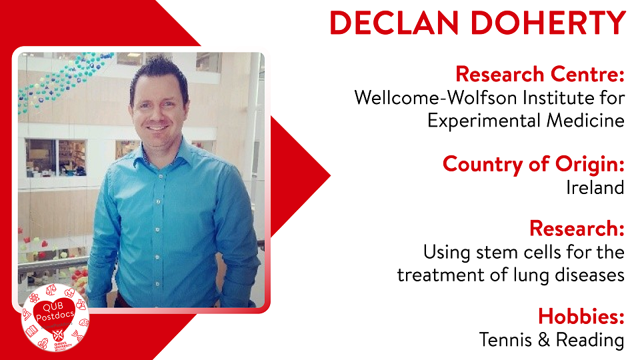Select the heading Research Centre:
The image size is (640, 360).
[x=540, y=73]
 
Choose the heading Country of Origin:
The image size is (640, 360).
[x=533, y=163]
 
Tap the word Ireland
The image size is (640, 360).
[x=595, y=187]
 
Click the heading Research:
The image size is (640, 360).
[x=577, y=228]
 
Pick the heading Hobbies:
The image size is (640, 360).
[x=581, y=315]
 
